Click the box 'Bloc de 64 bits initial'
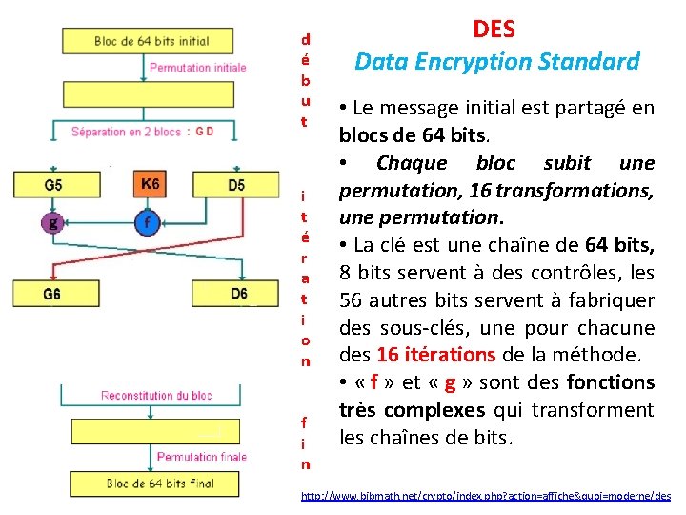(x=152, y=42)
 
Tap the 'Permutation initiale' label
(x=197, y=68)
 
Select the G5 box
(x=53, y=185)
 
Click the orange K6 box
(x=151, y=184)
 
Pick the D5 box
(x=237, y=185)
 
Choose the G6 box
(x=53, y=294)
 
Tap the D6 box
(x=238, y=294)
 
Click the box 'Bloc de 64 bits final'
(x=159, y=484)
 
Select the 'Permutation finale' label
(x=201, y=457)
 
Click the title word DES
(x=494, y=30)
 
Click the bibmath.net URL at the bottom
(x=485, y=497)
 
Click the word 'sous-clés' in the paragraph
(x=418, y=328)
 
